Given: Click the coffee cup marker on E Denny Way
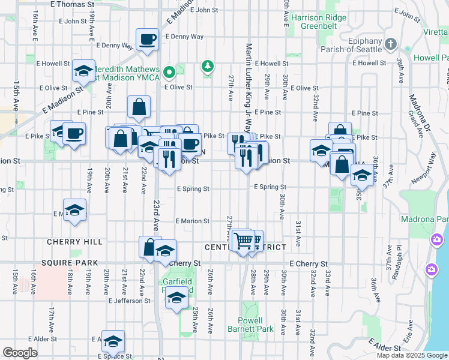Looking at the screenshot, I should click(146, 40).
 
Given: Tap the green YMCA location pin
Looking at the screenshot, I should click(170, 73).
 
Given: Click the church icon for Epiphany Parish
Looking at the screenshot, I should click(391, 44).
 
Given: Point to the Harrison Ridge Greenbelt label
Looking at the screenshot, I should click(319, 22).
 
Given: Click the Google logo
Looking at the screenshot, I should click(20, 352).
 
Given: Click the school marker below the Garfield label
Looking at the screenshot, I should click(176, 298).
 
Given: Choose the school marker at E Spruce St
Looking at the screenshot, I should click(112, 342).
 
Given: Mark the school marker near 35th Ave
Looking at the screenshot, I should click(361, 175).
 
